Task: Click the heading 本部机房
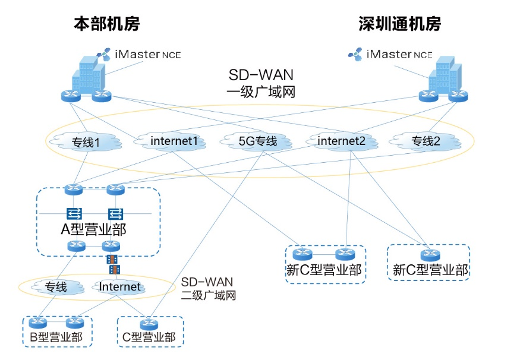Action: pyautogui.click(x=107, y=24)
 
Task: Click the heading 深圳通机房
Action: pyautogui.click(x=400, y=24)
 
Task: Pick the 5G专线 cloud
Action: pyautogui.click(x=257, y=141)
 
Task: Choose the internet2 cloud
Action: pyautogui.click(x=343, y=141)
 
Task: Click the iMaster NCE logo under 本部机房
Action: pyautogui.click(x=139, y=55)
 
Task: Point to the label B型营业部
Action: pyautogui.click(x=57, y=339)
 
